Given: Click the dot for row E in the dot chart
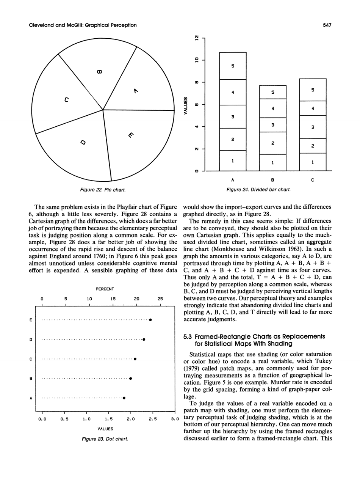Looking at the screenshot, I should click(x=150, y=320).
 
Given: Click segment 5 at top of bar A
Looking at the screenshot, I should click(x=233, y=66).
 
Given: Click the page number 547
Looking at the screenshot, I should click(x=327, y=25).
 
